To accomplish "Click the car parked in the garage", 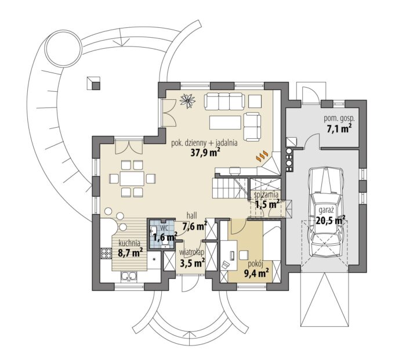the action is (327, 211).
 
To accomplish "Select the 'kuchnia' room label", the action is (129, 243).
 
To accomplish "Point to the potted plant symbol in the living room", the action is (188, 100).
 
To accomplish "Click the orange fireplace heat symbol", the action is (262, 155).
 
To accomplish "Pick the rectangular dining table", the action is (132, 179).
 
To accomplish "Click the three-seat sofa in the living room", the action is (224, 102).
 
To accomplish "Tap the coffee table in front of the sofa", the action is (225, 122).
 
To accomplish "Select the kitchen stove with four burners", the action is (106, 253).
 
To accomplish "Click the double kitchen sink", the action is (129, 277).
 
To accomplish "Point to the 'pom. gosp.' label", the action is (339, 118).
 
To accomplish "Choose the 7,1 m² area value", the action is (339, 128).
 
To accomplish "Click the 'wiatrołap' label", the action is (192, 252).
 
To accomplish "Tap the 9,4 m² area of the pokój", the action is (256, 273).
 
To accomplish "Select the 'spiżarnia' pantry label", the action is (266, 195).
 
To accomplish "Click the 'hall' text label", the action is (192, 215).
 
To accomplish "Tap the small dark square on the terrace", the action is (96, 86).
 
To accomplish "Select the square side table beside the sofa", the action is (255, 101).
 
